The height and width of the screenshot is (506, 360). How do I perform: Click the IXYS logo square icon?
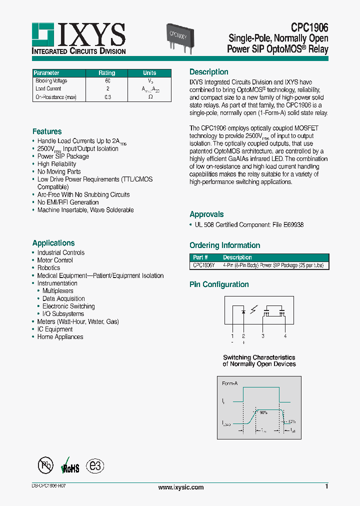[x=43, y=34]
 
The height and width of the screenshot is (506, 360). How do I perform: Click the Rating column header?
[x=106, y=73]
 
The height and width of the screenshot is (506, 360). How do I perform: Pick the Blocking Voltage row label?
[x=51, y=81]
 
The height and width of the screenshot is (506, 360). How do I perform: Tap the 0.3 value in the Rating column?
[x=107, y=97]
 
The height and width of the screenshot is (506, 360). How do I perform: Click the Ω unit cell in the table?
[x=150, y=97]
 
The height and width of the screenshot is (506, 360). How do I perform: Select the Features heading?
[x=47, y=131]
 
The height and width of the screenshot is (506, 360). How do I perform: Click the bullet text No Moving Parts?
[x=59, y=171]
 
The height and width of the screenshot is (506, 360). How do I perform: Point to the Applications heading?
[x=53, y=243]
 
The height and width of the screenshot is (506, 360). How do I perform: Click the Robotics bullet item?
[x=48, y=268]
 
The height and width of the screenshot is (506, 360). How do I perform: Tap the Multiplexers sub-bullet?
[x=57, y=291]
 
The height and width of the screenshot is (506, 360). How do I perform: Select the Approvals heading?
[x=206, y=214]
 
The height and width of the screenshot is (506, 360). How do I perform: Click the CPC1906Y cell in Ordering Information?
[x=204, y=265]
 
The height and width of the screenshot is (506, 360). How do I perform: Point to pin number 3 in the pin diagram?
[x=263, y=336]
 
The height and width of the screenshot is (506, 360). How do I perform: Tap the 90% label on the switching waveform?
[x=263, y=412]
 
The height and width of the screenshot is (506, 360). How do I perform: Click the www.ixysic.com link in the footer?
[x=180, y=487]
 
